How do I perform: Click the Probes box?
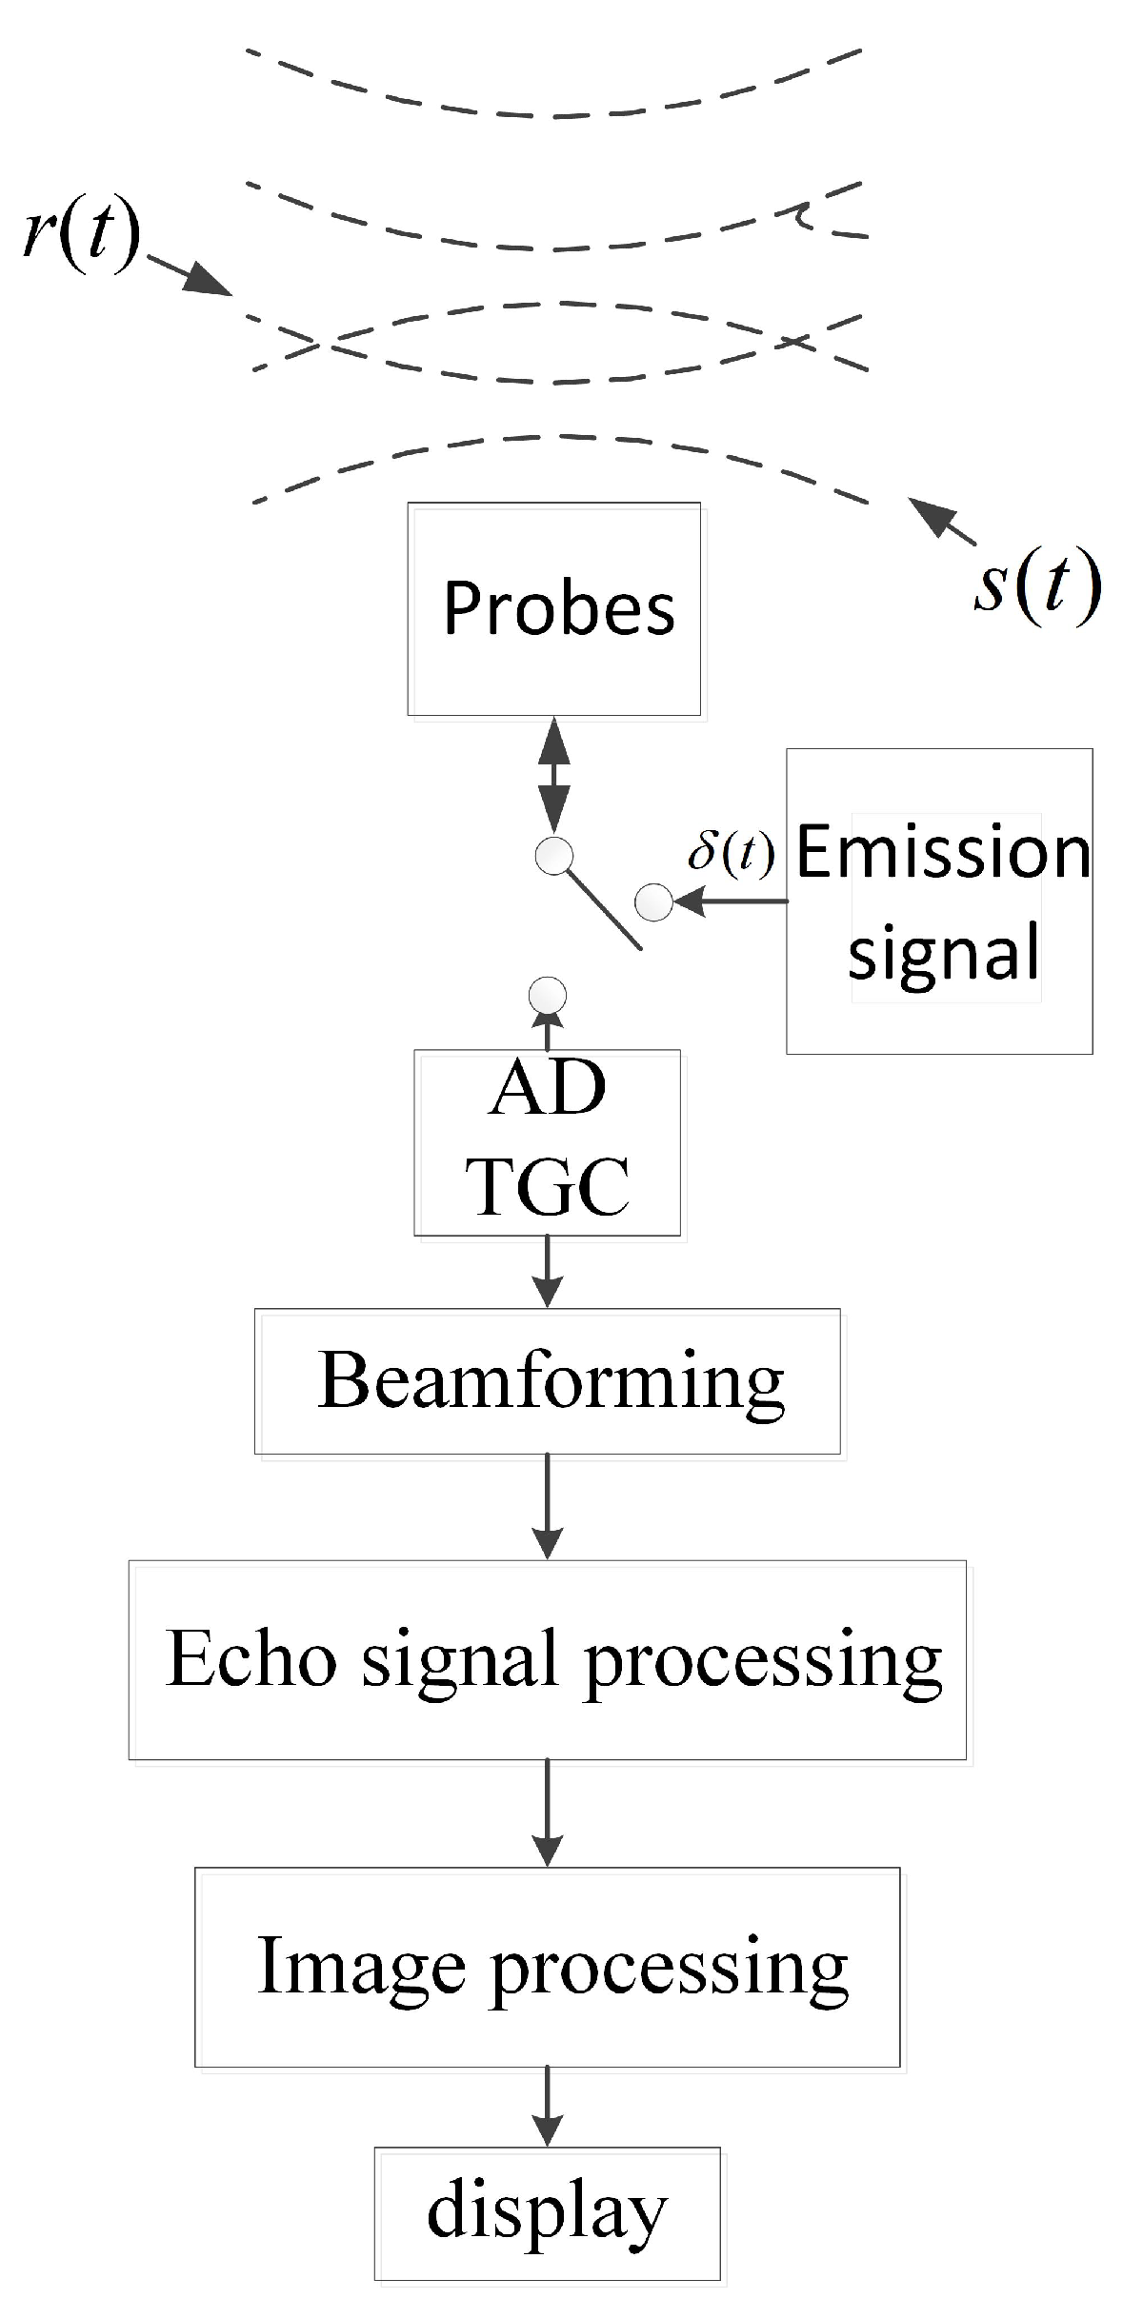[553, 608]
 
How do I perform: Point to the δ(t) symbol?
[732, 853]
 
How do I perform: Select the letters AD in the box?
[548, 1088]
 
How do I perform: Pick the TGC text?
[548, 1185]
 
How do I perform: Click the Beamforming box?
[548, 1380]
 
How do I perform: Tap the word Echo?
[251, 1659]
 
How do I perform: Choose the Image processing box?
[548, 1967]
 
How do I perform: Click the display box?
[547, 2212]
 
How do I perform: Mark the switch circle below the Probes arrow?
[554, 856]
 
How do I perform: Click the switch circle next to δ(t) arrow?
[653, 901]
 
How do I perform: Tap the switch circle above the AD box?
[548, 997]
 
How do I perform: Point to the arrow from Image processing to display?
[547, 2106]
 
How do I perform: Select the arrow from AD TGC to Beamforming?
[548, 1272]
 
